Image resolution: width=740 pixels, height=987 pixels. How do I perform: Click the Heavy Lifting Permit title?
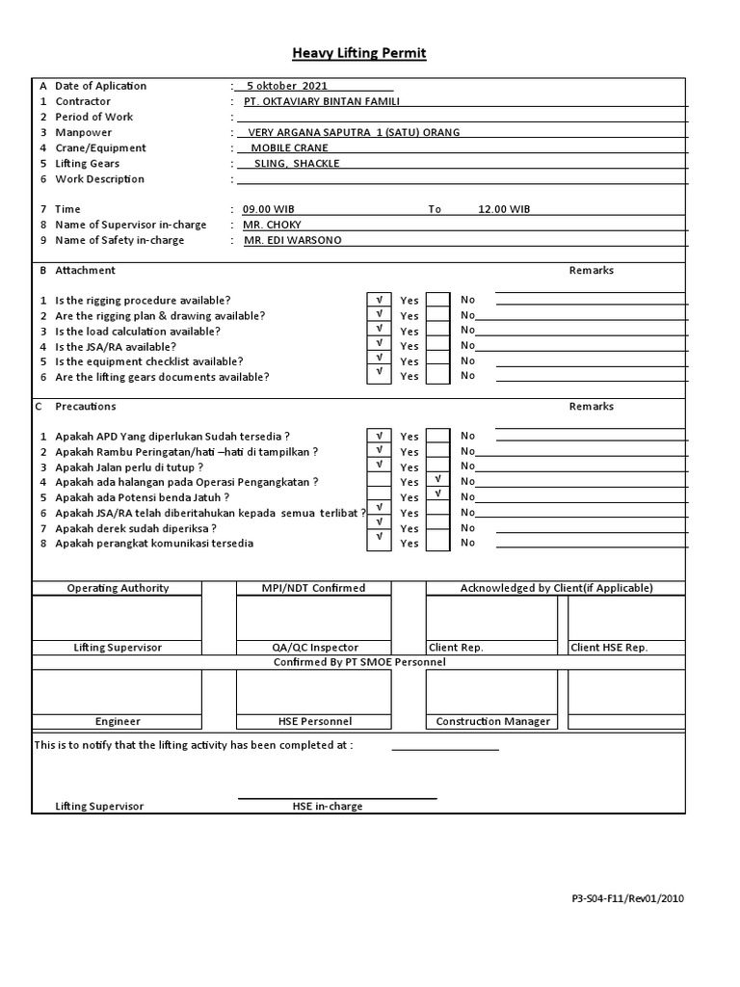[358, 53]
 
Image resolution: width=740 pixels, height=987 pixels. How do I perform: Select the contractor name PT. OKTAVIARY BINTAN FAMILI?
[322, 101]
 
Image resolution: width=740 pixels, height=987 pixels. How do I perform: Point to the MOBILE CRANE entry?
[289, 148]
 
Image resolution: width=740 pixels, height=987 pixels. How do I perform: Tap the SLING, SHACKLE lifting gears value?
[296, 164]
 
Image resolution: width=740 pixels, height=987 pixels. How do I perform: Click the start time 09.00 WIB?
[269, 209]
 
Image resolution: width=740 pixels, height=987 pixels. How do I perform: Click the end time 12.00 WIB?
[504, 209]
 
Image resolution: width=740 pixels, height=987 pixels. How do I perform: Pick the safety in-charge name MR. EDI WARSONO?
[292, 240]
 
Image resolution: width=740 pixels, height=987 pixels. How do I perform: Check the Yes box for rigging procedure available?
[380, 300]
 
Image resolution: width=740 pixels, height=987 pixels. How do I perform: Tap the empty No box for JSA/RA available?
[438, 345]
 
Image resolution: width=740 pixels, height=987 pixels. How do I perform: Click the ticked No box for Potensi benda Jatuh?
[438, 494]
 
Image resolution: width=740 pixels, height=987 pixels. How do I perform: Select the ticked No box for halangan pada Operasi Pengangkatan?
[438, 479]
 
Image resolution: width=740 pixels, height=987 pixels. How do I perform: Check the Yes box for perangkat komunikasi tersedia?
[380, 543]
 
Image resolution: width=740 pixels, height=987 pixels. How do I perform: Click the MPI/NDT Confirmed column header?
[313, 588]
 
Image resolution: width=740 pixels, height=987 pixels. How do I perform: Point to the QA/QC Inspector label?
[313, 648]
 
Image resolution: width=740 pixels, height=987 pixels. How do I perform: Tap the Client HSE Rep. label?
[609, 648]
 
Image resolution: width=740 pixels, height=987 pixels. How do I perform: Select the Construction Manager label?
[493, 721]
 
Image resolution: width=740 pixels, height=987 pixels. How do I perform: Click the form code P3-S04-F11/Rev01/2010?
[627, 898]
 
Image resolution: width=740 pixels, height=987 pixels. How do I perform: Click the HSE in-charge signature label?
[328, 806]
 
